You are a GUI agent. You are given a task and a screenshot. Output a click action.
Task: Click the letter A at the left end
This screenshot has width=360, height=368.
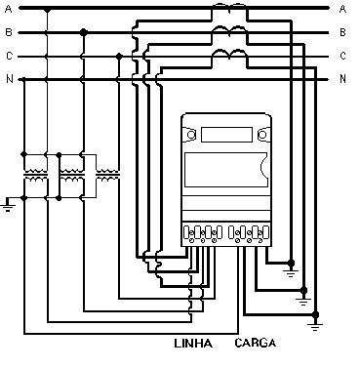coord(9,9)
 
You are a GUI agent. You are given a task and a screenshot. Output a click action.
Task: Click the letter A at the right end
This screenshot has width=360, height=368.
coord(342,9)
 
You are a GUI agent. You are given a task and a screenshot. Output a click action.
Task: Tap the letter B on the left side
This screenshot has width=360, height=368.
coord(9,32)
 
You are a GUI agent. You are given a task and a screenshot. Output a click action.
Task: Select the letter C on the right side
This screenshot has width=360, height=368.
coord(342,56)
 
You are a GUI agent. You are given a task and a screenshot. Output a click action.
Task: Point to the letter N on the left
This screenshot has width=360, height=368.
coord(10,79)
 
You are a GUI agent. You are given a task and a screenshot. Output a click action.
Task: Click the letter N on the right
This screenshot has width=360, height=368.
coord(342,79)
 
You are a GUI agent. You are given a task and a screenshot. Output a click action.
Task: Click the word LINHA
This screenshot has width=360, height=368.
coord(193,344)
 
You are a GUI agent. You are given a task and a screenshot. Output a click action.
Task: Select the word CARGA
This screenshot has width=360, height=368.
coord(256,343)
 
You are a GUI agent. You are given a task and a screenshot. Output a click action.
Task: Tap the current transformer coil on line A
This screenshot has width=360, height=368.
coord(229,7)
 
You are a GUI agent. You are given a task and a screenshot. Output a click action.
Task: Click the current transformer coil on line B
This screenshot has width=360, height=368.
coord(229,31)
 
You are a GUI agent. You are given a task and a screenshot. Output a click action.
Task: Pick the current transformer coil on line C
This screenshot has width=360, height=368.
coord(229,55)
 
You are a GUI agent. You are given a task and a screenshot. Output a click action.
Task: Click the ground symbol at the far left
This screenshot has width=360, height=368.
coord(7,205)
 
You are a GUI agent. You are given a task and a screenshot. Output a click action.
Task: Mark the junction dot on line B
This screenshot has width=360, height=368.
coord(84,32)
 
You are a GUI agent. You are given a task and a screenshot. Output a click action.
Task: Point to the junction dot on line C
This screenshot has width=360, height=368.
coord(119,57)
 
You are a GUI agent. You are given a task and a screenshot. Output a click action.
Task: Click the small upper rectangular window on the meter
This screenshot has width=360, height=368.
coord(226,135)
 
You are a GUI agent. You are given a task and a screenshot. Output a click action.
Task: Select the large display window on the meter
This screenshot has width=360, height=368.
coord(226,170)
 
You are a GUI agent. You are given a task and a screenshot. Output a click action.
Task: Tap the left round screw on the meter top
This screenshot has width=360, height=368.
coord(191,135)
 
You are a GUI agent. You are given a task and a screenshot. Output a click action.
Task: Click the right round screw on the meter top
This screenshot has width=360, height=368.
coord(261,135)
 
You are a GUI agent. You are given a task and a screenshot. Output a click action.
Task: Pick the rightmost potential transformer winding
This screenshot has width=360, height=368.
coord(107,175)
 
